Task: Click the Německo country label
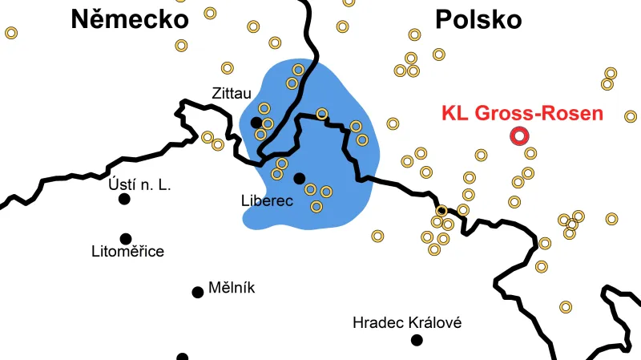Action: coord(129,19)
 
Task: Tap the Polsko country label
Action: coord(478,20)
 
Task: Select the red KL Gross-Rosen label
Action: coord(522,113)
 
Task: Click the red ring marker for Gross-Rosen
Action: coord(519,136)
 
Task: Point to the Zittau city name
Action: coord(232,93)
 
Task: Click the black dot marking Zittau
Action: coord(256,123)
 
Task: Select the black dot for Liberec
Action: coord(299,178)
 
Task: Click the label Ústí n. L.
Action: coord(139,185)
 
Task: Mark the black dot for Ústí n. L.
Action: coord(124,199)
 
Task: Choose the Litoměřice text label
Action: coord(127,252)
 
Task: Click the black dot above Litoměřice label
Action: coord(125,238)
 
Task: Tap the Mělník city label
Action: coord(231,288)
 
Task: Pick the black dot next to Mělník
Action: coord(197,292)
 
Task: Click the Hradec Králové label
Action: coord(407,323)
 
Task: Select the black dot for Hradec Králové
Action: coord(417,340)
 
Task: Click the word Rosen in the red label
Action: coord(570,113)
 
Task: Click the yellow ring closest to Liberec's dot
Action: coord(310,190)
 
